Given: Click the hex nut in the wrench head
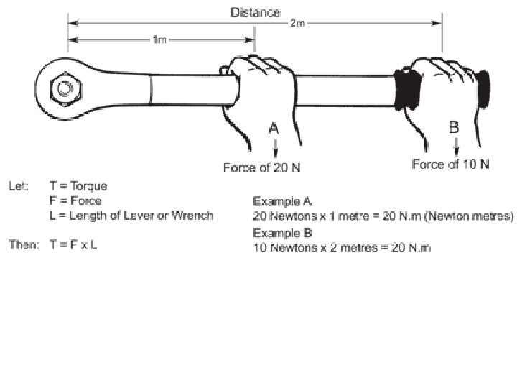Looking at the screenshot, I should (65, 90).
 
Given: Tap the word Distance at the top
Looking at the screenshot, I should (254, 11).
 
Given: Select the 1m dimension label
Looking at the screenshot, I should (159, 40).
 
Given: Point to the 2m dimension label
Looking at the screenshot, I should (297, 24).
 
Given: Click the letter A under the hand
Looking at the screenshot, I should (274, 129).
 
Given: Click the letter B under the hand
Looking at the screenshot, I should (454, 128).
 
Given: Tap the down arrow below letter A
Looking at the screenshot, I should (274, 148).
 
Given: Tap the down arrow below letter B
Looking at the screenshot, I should (455, 147).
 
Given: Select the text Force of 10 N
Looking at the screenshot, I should (450, 164).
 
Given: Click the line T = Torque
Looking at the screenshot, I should (78, 187).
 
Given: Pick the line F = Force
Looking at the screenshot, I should (75, 201).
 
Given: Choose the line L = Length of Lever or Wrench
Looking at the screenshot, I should (131, 216).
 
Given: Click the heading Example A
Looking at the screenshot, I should (282, 201).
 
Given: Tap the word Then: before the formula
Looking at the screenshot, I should (23, 244).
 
